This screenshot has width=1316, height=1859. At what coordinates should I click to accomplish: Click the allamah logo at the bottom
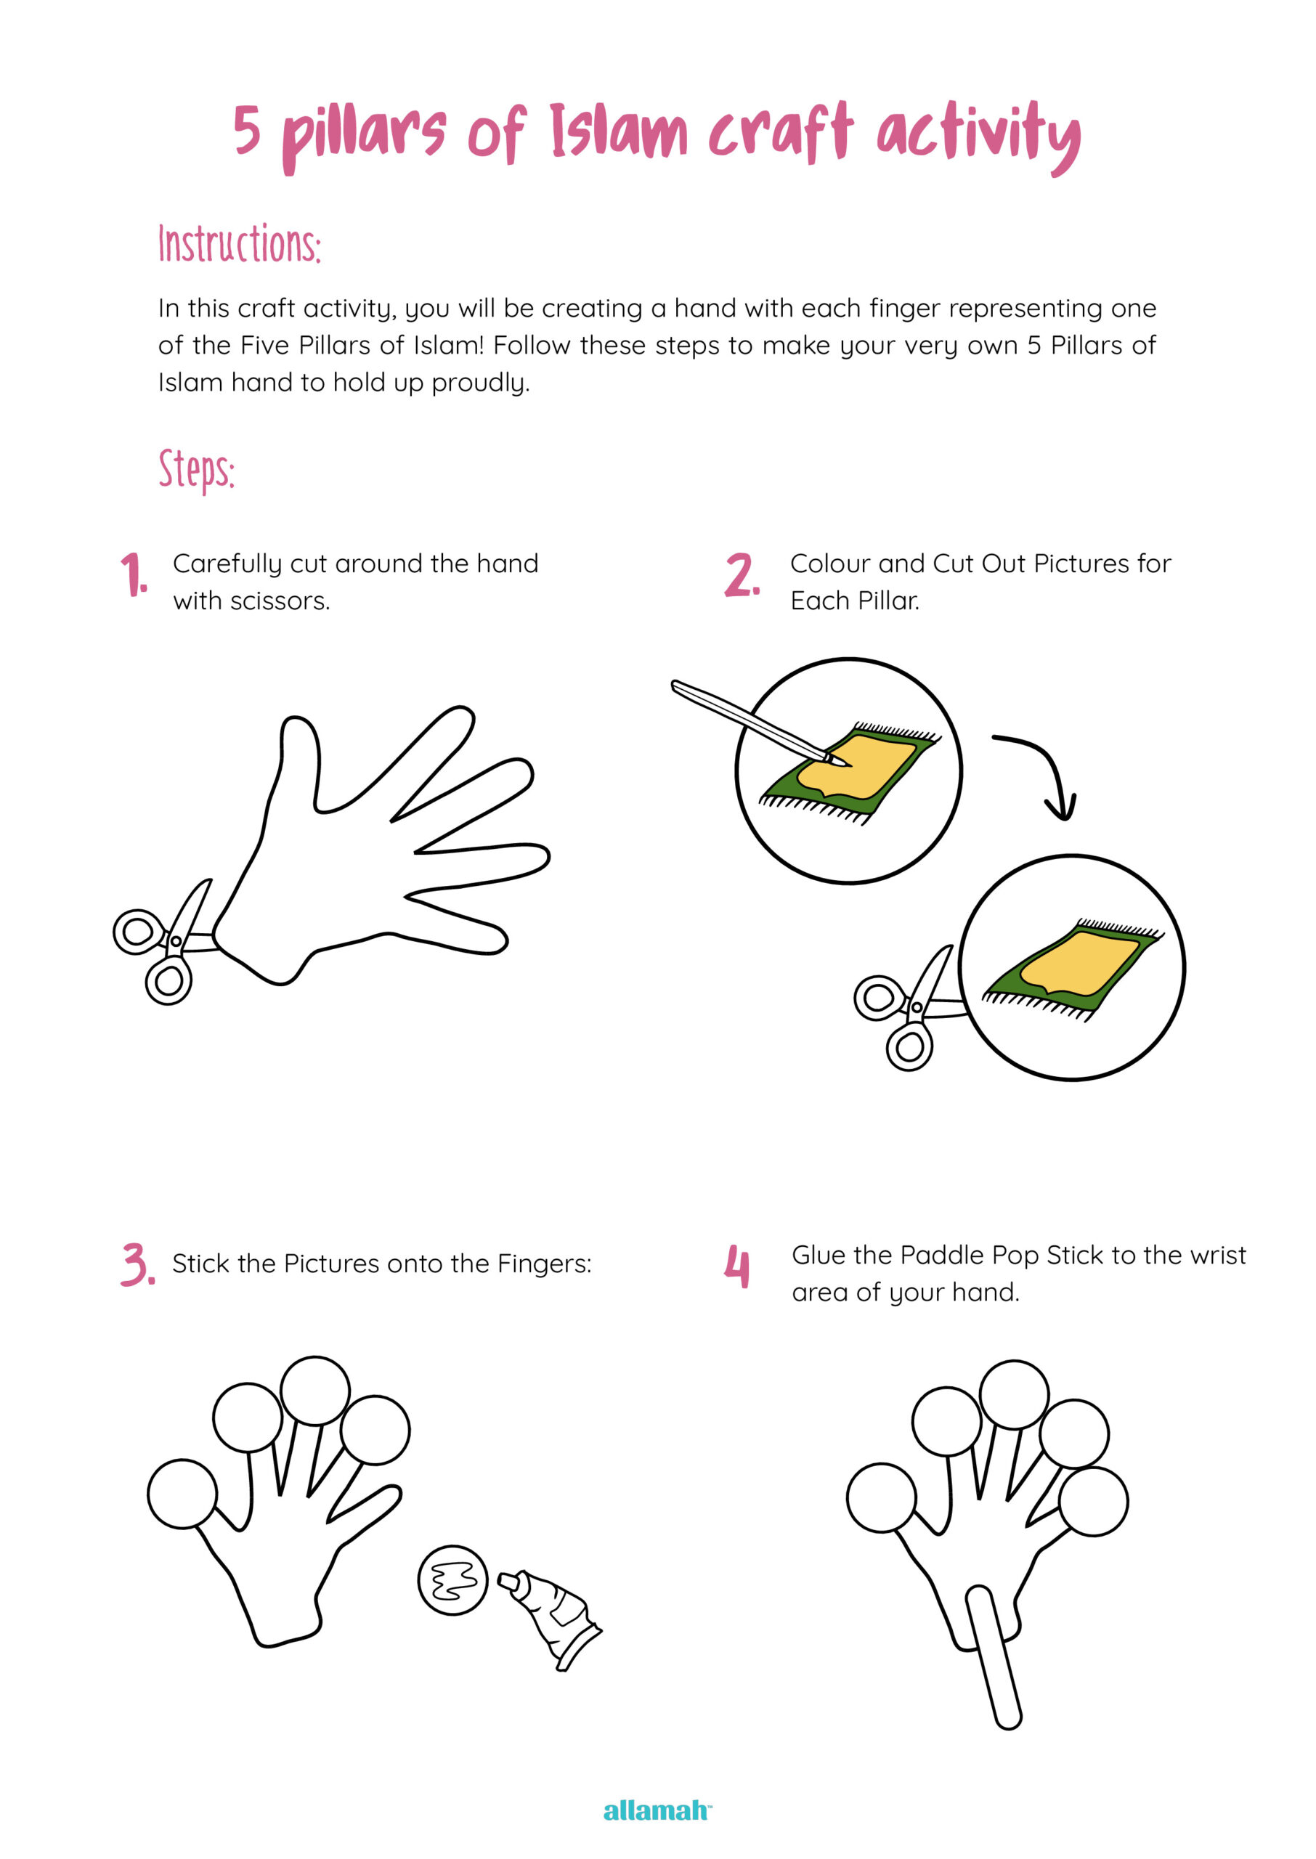[x=657, y=1810]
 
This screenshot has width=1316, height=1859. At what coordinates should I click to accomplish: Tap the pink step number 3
[x=137, y=1264]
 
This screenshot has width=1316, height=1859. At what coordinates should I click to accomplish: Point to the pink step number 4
[x=736, y=1266]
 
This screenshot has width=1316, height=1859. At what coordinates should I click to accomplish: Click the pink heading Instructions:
[x=240, y=244]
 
